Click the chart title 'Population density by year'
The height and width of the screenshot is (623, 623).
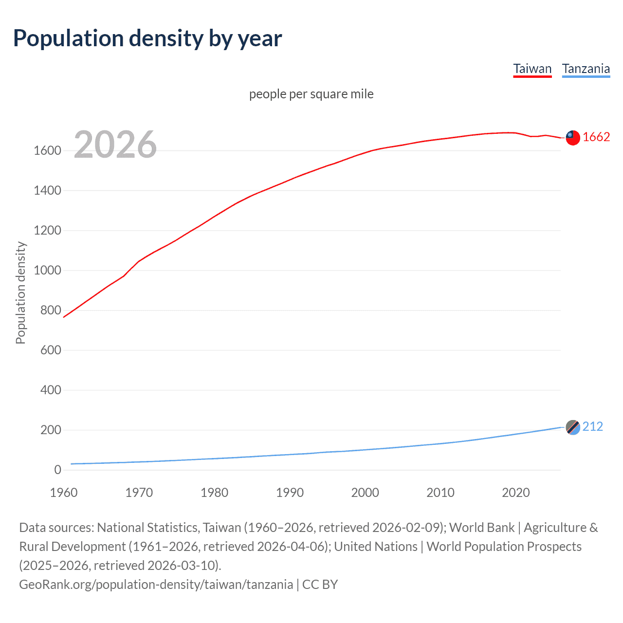pyautogui.click(x=147, y=38)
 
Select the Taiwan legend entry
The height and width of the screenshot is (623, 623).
pyautogui.click(x=532, y=69)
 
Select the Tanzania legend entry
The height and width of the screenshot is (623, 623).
pyautogui.click(x=586, y=69)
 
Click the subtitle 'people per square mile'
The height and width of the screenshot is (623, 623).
pyautogui.click(x=311, y=94)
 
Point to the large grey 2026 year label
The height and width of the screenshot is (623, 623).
pyautogui.click(x=115, y=145)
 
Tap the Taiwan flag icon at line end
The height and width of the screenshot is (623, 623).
pyautogui.click(x=573, y=138)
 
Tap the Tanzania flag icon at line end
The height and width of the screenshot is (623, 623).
pyautogui.click(x=573, y=427)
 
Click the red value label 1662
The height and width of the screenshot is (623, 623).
pyautogui.click(x=596, y=137)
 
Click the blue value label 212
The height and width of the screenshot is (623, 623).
pyautogui.click(x=592, y=427)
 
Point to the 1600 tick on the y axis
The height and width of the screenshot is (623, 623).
pyautogui.click(x=47, y=151)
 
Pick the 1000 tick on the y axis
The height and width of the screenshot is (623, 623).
pyautogui.click(x=47, y=271)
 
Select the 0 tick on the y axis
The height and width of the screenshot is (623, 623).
pyautogui.click(x=57, y=470)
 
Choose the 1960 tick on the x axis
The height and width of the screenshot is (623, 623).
pyautogui.click(x=64, y=493)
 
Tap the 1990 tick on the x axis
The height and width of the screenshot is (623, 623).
pyautogui.click(x=290, y=493)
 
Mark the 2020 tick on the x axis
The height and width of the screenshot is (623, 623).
pyautogui.click(x=515, y=493)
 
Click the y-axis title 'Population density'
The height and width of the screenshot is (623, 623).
pyautogui.click(x=20, y=293)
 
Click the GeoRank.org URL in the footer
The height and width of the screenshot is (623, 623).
pyautogui.click(x=156, y=585)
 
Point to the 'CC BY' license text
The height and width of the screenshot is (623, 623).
pyautogui.click(x=320, y=585)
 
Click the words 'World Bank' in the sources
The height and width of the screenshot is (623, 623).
pyautogui.click(x=481, y=528)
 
